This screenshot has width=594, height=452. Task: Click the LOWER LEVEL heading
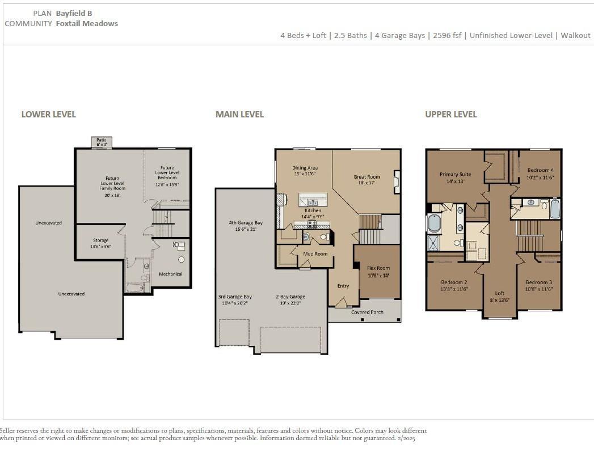[x=48, y=115]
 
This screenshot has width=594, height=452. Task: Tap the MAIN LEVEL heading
[x=239, y=115]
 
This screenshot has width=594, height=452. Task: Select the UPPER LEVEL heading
[x=451, y=115]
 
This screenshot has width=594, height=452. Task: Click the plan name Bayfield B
[x=74, y=13]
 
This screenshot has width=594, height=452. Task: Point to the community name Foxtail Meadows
[x=87, y=23]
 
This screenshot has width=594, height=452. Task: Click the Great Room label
[x=366, y=177]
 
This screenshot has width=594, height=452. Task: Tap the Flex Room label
[x=378, y=268]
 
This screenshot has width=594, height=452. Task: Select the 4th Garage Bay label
[x=246, y=223]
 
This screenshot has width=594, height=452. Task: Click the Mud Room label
[x=315, y=254]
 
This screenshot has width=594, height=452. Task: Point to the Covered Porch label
[x=367, y=312]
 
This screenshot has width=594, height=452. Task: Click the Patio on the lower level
[x=102, y=142]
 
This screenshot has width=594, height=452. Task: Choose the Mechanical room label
[x=170, y=274]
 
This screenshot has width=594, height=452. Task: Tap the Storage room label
[x=101, y=240]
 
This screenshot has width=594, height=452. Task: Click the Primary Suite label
[x=456, y=175]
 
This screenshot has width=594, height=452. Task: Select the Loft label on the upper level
[x=500, y=293]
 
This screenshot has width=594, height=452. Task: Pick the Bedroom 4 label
[x=540, y=170]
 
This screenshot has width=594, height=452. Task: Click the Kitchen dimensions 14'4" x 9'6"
[x=313, y=217]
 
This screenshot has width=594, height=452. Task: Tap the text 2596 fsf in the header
[x=447, y=36]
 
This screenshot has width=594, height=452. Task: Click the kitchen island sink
[x=313, y=202]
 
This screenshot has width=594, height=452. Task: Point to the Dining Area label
[x=305, y=168]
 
